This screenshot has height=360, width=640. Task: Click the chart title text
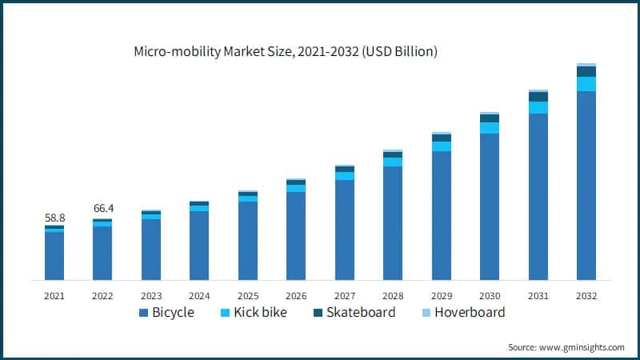pos(286,52)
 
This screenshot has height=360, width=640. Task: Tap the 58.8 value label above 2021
pos(54,218)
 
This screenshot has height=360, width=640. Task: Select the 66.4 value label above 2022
pos(102,209)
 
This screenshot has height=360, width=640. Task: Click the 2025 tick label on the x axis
pos(247,295)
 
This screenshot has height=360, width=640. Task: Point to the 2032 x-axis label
pos(586,295)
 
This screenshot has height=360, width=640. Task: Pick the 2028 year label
pos(392,295)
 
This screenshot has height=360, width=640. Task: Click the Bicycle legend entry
pos(167,312)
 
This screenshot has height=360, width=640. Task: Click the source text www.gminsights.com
pos(566,347)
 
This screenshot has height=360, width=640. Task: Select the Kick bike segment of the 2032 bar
pos(586,84)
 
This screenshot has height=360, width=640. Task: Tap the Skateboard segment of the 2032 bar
pos(586,71)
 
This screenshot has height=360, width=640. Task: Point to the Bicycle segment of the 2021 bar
pos(54,256)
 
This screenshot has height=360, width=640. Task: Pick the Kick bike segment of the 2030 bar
pos(490,128)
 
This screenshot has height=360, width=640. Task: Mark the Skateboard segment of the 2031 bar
pos(538,97)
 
